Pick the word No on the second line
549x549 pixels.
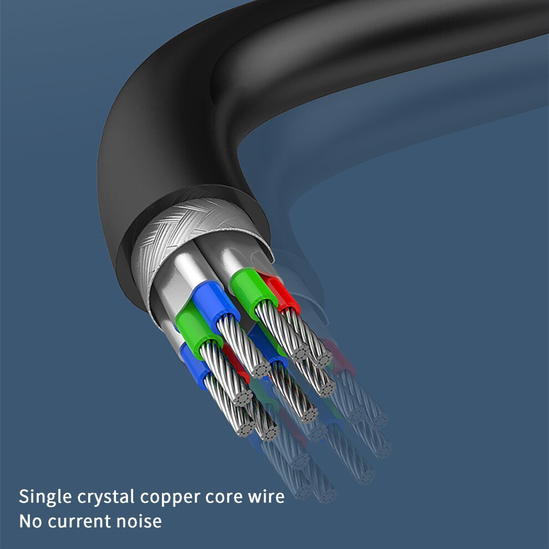pyautogui.click(x=31, y=521)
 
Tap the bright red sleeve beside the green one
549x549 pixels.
pyautogui.click(x=283, y=292)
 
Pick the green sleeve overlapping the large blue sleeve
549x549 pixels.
pyautogui.click(x=196, y=329)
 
